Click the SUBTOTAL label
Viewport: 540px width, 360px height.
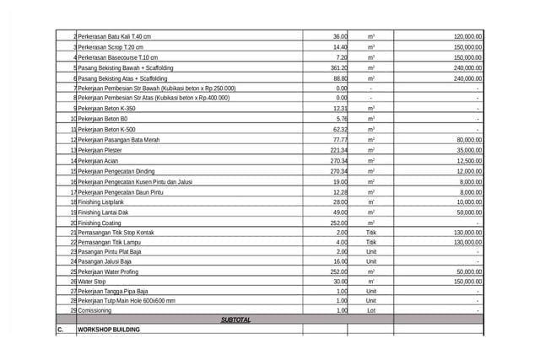(235, 320)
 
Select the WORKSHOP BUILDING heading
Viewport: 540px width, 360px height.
(109, 330)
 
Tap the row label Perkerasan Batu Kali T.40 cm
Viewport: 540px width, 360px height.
(114, 37)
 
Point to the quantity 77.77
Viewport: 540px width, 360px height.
(339, 139)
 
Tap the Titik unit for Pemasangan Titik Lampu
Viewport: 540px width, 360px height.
(371, 242)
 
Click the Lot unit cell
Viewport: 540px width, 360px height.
(371, 309)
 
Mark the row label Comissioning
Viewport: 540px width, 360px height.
(100, 309)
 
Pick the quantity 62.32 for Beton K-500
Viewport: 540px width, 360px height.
(339, 129)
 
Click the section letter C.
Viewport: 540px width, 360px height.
(61, 330)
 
